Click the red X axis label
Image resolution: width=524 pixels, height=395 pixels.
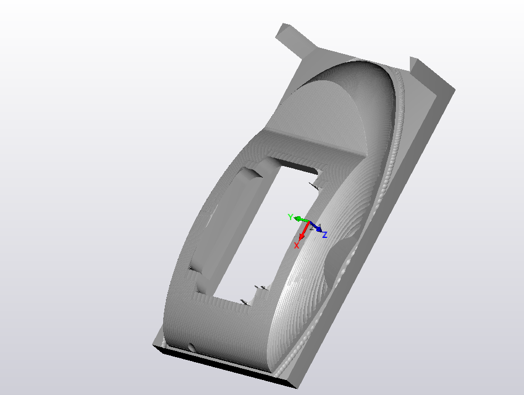297,245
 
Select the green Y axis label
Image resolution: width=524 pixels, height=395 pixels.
290,217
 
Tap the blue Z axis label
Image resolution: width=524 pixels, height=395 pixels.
325,235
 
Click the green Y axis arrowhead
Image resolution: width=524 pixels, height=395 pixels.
298,220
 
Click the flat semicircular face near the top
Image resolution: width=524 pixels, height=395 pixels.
329,111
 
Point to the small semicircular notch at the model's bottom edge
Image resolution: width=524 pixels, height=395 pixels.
192,347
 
